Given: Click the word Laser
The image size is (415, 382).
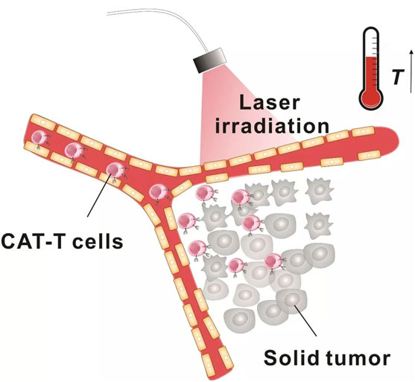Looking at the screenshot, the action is pos(270,103).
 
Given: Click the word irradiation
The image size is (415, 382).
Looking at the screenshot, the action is pos(272,126).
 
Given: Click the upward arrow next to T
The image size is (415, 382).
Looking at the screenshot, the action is pos(411,71).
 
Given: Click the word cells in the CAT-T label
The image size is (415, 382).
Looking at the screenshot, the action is pos(98,241).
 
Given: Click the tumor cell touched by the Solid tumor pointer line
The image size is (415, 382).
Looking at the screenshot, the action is pos(291,301).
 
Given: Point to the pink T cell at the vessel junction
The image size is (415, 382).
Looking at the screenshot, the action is pos(158,192).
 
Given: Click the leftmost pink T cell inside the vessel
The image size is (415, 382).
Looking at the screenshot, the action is pos(39,138).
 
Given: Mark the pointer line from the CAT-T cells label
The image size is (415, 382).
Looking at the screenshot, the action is pos(98,195).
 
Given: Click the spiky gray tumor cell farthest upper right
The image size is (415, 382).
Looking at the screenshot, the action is pos(319,190).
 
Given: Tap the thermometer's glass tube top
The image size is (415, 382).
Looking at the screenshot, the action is pos(371,30).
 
